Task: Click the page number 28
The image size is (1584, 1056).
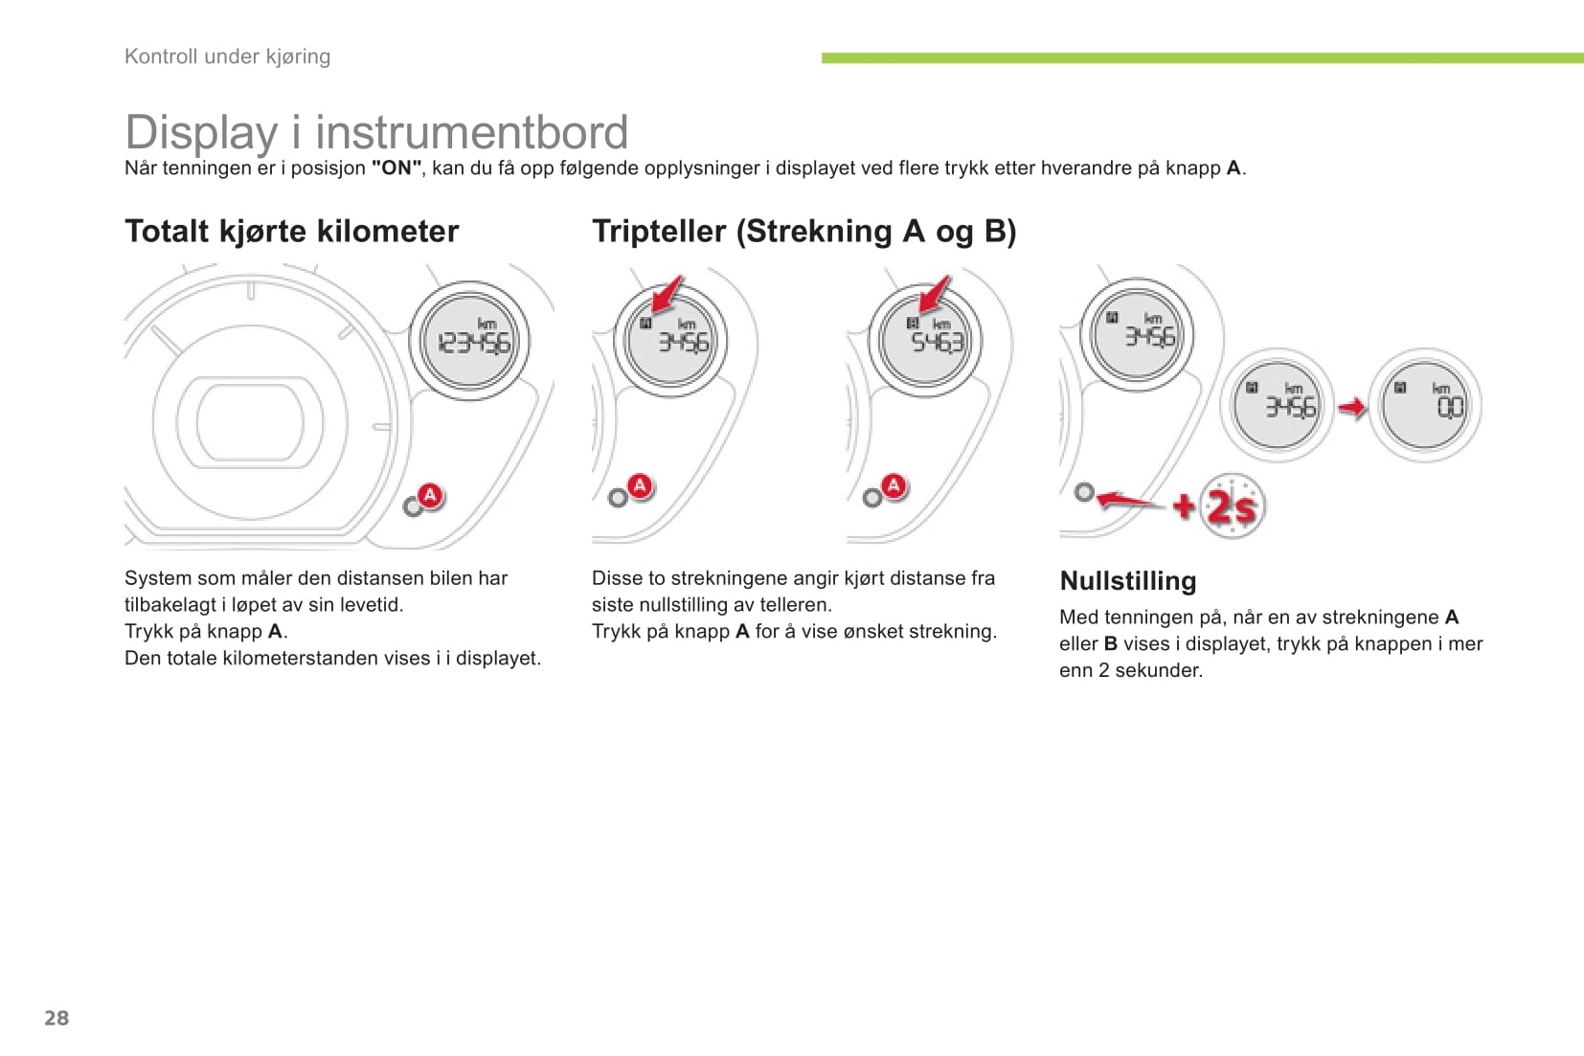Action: point(57,1018)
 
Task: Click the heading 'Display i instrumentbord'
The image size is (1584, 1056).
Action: point(376,132)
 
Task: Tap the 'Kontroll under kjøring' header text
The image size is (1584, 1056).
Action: point(227,56)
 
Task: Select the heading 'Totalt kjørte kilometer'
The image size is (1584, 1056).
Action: point(291,231)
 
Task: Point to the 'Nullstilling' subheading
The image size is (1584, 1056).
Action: point(1128,580)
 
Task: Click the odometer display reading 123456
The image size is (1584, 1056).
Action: point(469,341)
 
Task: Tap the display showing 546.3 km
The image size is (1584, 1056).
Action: point(925,340)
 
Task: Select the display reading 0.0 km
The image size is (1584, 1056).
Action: point(1424,405)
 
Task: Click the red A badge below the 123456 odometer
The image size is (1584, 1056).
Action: point(430,496)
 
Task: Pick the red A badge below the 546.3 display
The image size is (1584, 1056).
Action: point(894,486)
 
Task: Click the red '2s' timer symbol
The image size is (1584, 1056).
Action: point(1232,506)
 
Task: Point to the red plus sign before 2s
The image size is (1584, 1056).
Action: point(1184,506)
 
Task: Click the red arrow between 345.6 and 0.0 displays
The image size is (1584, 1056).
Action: point(1352,408)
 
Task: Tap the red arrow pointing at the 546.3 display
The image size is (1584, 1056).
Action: point(935,294)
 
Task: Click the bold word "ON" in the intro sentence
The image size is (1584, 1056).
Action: point(396,169)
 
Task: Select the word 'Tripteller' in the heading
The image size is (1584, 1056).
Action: point(659,231)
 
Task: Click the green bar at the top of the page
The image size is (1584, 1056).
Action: point(1202,58)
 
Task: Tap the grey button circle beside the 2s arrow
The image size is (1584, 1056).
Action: point(1084,492)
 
